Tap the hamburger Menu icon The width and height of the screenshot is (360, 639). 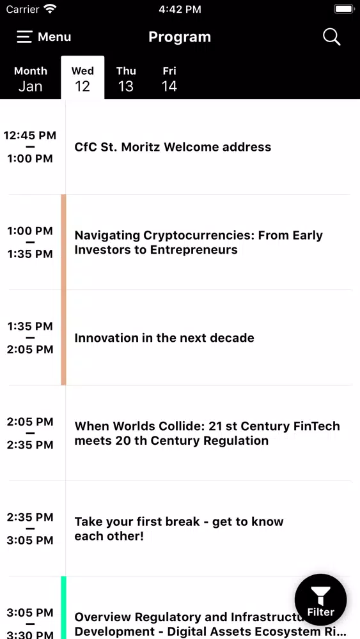24,37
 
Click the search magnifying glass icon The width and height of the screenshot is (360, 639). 331,37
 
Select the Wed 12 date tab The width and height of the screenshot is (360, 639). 82,78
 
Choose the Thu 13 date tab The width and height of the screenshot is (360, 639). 126,78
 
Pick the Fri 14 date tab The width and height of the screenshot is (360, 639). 169,78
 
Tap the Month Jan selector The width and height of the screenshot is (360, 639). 31,78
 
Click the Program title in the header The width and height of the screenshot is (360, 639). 180,37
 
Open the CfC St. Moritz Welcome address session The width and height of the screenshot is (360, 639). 173,147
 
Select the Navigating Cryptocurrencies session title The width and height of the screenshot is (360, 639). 199,242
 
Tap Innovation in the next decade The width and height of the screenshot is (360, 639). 164,338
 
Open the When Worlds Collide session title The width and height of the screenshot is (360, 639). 207,433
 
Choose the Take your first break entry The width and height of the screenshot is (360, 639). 179,528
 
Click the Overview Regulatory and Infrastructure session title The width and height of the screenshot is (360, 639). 207,624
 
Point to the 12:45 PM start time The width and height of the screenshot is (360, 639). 30,135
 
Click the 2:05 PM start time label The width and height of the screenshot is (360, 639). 30,422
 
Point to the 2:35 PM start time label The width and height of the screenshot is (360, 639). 30,517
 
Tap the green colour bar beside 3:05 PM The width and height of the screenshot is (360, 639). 63,608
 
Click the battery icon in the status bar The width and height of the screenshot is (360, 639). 344,9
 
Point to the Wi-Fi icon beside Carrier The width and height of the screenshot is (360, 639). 50,8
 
